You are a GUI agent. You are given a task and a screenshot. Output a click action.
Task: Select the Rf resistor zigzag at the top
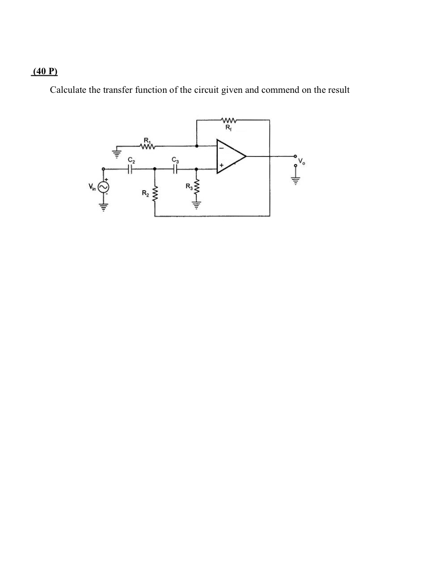[228, 120]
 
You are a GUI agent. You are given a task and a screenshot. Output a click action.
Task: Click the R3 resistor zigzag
[196, 190]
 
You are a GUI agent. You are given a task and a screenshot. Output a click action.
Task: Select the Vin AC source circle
[104, 187]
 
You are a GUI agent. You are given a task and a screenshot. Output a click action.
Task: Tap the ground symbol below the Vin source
[104, 206]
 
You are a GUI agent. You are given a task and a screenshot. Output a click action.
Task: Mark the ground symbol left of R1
[116, 154]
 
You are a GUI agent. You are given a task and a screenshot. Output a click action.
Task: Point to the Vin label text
[92, 188]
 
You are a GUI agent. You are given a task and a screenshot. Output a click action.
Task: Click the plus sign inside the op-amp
[220, 165]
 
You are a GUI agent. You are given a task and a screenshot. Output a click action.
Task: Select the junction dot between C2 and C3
[154, 169]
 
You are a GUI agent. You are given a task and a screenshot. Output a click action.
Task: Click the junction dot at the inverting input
[196, 147]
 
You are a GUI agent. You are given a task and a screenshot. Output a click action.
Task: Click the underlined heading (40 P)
[44, 72]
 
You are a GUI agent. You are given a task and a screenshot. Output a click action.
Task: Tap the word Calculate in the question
[67, 90]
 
